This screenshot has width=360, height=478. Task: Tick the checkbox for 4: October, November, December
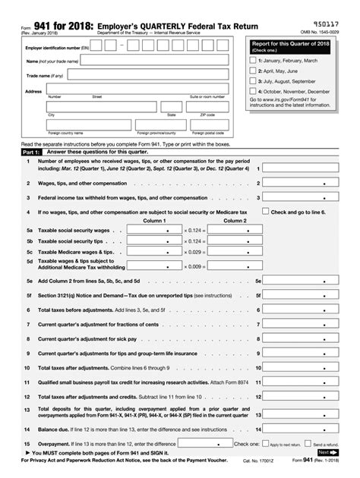(x=254, y=90)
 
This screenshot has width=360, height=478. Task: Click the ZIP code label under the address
(x=207, y=115)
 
